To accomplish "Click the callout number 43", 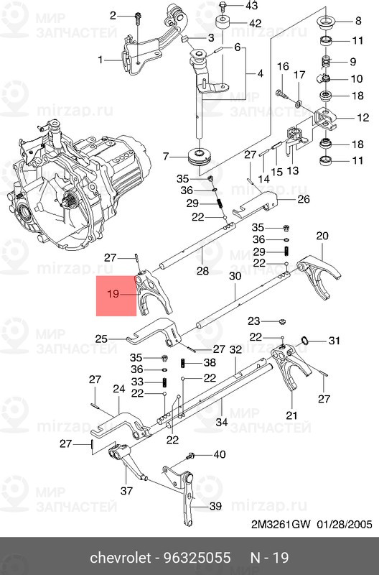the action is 251,6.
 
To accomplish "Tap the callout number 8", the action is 358,21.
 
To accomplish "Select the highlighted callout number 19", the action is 113,294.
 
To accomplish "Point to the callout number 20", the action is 322,236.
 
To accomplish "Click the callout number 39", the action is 215,507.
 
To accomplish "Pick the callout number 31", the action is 334,341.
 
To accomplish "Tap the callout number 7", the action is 166,157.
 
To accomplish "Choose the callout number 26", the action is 304,199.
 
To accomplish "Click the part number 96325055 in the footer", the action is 197,558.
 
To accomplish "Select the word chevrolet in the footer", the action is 121,558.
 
